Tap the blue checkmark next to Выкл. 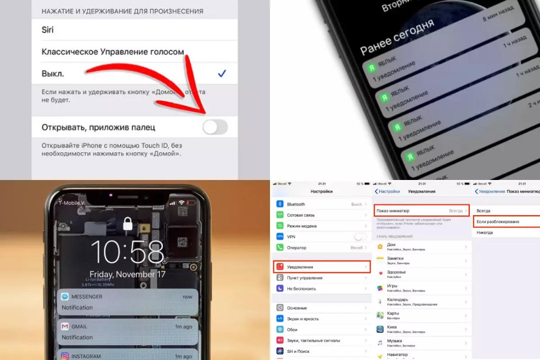[221, 74]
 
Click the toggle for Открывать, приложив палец [215, 127]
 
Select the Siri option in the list [48, 30]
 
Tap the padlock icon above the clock [128, 224]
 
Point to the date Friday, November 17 [127, 274]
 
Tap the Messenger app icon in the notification [65, 297]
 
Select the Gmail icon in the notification [65, 326]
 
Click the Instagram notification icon [65, 356]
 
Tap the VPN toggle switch [360, 237]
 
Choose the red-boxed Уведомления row [322, 267]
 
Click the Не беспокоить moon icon [279, 288]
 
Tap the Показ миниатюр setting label [393, 211]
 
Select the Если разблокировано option [498, 222]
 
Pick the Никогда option [485, 233]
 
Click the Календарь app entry [397, 300]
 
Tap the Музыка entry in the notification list [394, 341]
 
